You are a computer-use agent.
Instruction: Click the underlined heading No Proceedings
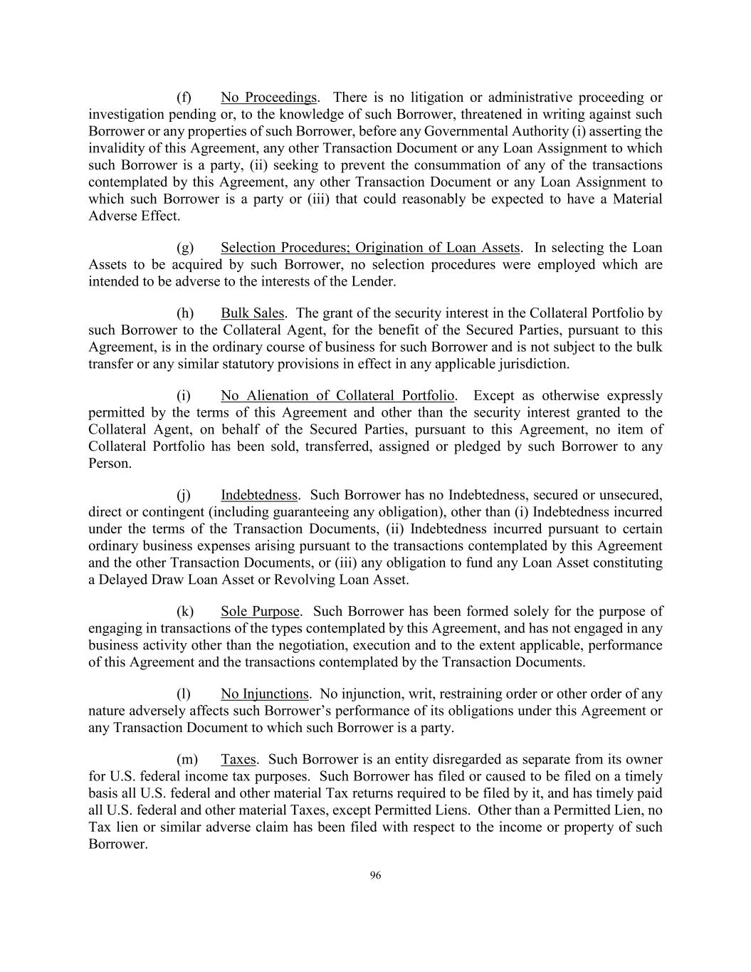click(268, 98)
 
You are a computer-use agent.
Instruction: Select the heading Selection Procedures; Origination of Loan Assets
click(370, 248)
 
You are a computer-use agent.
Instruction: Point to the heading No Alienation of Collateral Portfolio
click(337, 396)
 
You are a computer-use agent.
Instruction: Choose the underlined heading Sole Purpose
click(260, 612)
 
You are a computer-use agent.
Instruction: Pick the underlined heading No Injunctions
click(264, 694)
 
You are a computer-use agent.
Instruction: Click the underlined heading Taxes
click(238, 760)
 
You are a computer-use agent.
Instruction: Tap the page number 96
click(375, 876)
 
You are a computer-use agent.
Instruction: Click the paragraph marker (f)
click(184, 98)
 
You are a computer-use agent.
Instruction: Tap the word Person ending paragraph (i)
click(108, 464)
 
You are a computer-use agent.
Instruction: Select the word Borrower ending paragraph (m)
click(116, 845)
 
